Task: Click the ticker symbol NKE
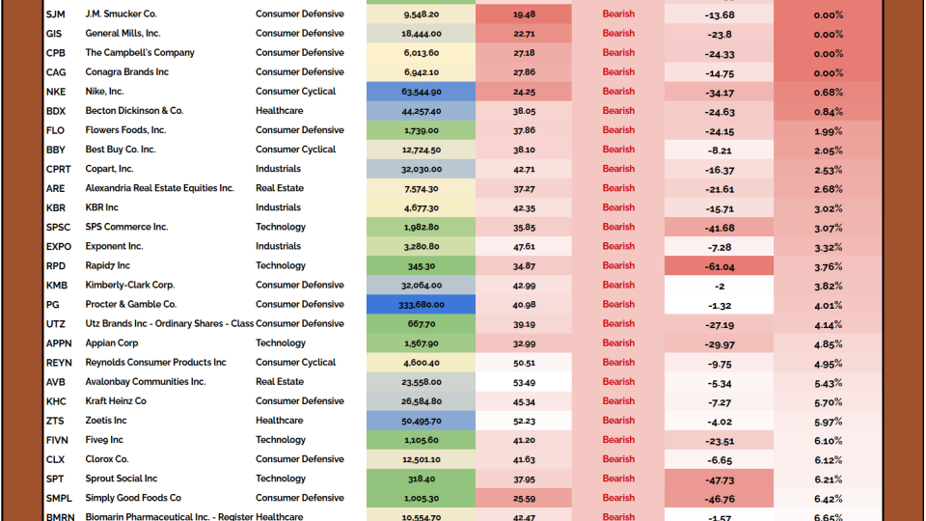[x=56, y=92]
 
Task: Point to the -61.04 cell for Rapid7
[x=719, y=266]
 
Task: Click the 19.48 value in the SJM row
[x=524, y=14]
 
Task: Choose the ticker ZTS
[x=55, y=421]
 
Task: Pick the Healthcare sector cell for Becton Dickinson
[x=280, y=111]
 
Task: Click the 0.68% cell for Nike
[x=828, y=92]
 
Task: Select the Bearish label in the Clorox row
[x=618, y=459]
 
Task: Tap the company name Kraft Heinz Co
[x=116, y=401]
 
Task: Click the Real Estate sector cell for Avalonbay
[x=280, y=382]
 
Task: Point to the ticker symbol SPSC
[x=58, y=228]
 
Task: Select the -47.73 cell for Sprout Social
[x=719, y=479]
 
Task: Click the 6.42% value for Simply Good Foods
[x=828, y=499]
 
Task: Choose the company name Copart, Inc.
[x=110, y=169]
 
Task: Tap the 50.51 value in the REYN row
[x=524, y=363]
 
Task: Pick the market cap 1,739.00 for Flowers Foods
[x=422, y=130]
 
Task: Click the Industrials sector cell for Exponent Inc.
[x=279, y=247]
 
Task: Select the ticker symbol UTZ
[x=55, y=324]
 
